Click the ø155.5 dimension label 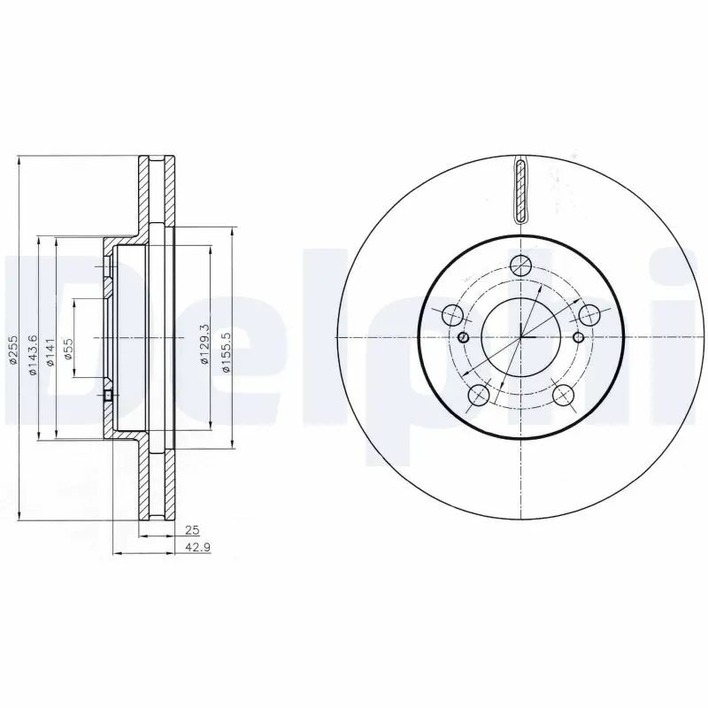coord(227,352)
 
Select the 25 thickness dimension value coord(190,531)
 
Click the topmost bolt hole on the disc coord(521,264)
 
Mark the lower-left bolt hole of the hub coord(478,395)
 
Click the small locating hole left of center coord(464,337)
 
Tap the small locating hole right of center coord(579,337)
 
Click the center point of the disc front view coord(521,337)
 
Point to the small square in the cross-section coord(108,396)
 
